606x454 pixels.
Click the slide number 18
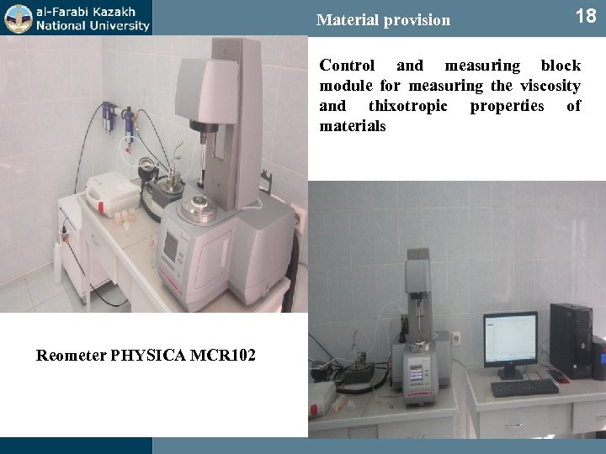(585, 16)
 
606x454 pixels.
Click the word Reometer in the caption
(72, 355)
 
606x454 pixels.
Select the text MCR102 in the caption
(225, 355)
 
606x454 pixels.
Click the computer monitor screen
(510, 337)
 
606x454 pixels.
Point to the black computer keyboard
(524, 387)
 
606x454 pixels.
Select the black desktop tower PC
(571, 340)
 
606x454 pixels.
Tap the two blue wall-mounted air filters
(116, 119)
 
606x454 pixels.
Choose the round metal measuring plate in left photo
(199, 203)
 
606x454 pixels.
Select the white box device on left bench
(109, 193)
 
